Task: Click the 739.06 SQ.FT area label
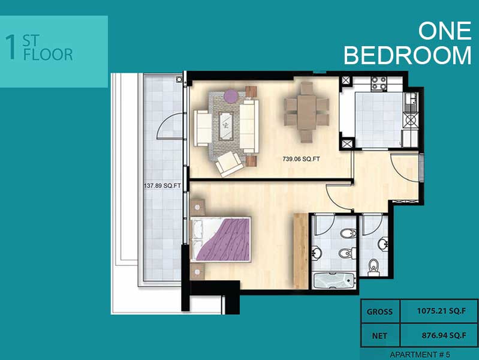300,160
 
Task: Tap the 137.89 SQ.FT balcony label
162,186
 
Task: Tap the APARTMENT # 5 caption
419,353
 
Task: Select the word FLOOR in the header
47,55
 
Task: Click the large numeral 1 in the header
10,48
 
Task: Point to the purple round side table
231,95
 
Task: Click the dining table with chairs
306,112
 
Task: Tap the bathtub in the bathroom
333,279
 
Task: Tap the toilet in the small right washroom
374,266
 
